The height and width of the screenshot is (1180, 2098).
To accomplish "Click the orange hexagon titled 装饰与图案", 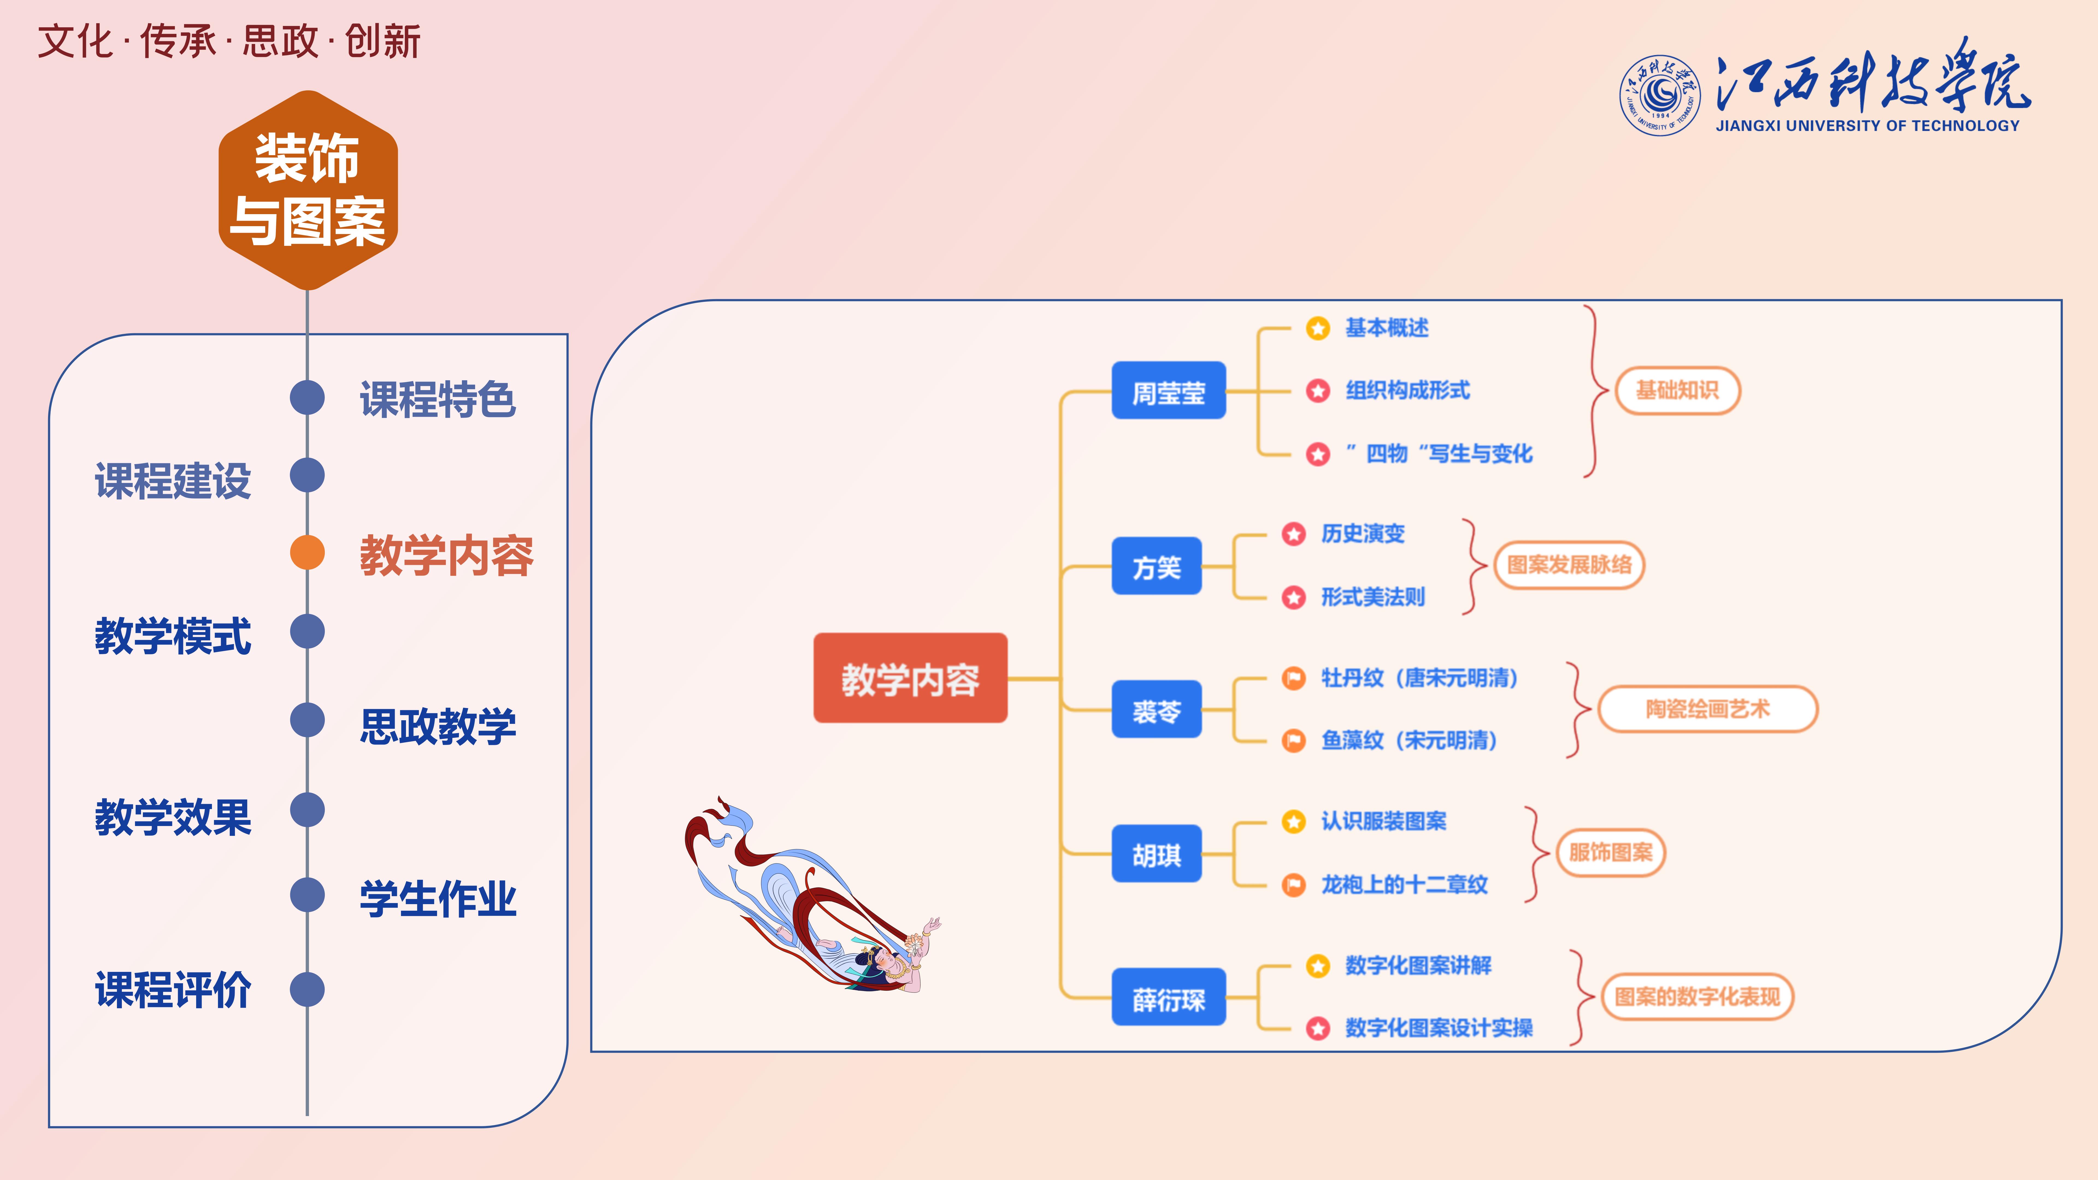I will (308, 190).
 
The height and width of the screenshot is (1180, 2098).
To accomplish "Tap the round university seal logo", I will (1659, 95).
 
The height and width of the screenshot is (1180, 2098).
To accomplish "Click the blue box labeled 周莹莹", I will (1168, 391).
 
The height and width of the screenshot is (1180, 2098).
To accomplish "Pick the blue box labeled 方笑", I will (1156, 566).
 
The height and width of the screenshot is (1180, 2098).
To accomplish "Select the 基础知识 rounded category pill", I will (1677, 391).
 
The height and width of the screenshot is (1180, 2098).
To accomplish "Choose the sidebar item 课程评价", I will (173, 990).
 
